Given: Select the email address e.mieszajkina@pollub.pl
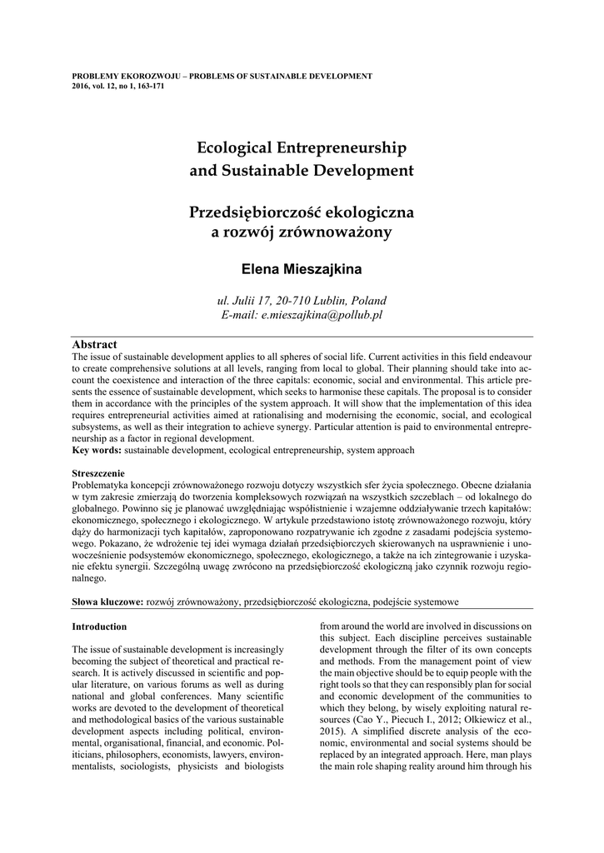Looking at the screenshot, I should click(321, 315).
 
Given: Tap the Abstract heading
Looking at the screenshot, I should click(94, 344).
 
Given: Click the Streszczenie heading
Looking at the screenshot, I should click(101, 472).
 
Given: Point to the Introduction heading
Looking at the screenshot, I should click(99, 626).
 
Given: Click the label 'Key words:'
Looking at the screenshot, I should click(97, 450).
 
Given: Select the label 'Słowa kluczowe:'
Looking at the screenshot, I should click(107, 601).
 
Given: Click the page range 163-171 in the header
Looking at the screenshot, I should click(148, 86).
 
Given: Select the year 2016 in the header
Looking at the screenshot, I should click(81, 86).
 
